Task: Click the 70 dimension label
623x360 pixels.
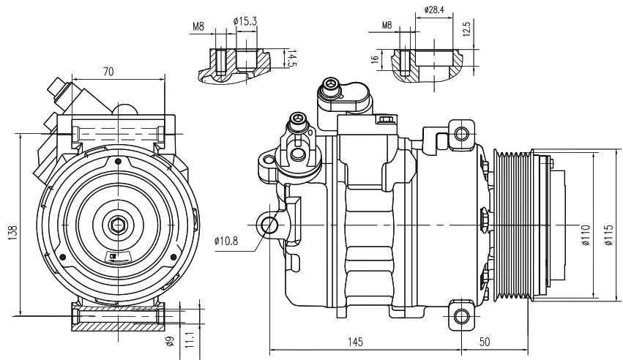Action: click(108, 72)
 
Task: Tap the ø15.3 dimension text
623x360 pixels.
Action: click(245, 21)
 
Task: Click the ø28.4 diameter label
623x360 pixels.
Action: click(434, 11)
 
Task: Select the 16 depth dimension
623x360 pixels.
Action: click(374, 60)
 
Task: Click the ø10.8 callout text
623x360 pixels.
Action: click(228, 240)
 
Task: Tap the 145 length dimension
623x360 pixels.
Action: click(355, 342)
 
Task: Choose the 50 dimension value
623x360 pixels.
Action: click(484, 342)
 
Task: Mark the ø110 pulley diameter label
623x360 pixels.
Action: click(586, 234)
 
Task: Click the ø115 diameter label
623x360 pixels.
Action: click(608, 234)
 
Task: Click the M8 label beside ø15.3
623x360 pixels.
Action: click(199, 26)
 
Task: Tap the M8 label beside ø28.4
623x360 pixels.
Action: click(387, 26)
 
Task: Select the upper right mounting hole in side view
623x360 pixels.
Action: click(461, 134)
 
